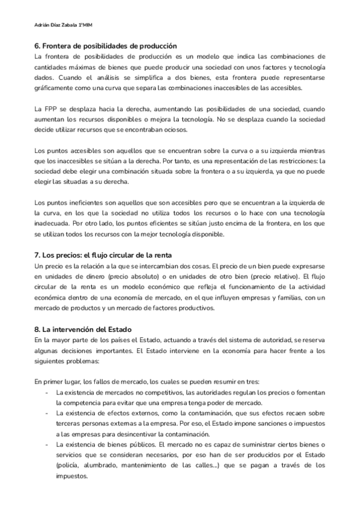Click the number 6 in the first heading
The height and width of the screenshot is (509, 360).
(37, 46)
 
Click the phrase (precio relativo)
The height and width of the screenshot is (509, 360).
(271, 277)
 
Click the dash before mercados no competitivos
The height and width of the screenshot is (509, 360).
(47, 392)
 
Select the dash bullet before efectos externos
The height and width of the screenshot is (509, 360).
(47, 413)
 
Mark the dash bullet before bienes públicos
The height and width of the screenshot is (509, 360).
(47, 445)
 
